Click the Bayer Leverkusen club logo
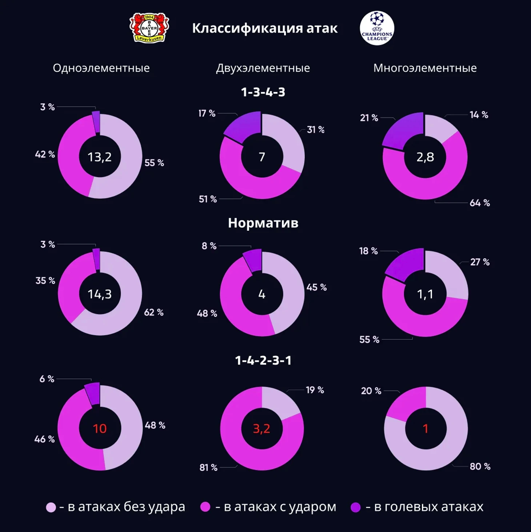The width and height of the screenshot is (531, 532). [x=149, y=28]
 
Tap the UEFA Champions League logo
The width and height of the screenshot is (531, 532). [x=377, y=28]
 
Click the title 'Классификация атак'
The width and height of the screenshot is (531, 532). [x=265, y=28]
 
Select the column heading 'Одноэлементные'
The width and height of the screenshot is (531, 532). [x=101, y=68]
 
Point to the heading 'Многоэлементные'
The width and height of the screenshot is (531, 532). [x=425, y=68]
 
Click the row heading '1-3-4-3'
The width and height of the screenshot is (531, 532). [x=263, y=92]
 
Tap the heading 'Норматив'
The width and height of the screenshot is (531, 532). [x=263, y=223]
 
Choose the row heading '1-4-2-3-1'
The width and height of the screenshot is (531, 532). [x=263, y=360]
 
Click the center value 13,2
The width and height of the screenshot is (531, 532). [x=100, y=157]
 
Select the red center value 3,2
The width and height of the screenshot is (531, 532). [x=261, y=428]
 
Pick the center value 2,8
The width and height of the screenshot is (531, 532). [x=425, y=157]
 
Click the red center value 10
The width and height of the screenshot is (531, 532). [x=100, y=428]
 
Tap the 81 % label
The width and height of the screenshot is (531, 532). [x=208, y=468]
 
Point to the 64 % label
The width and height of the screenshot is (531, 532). [x=480, y=203]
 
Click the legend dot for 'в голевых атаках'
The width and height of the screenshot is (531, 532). [x=355, y=507]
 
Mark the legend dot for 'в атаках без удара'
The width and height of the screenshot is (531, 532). [x=51, y=507]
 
